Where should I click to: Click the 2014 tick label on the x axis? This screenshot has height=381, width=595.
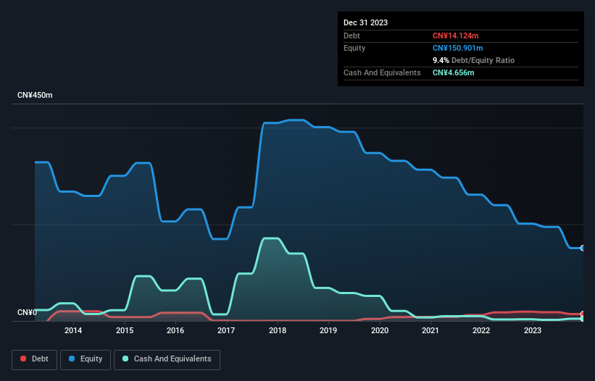pos(72,331)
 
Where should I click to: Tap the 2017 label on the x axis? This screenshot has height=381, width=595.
pos(226,331)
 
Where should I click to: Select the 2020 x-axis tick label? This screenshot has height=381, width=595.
pos(379,331)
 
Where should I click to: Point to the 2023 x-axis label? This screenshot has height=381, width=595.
pos(532,331)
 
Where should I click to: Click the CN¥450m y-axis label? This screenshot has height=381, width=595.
pos(35,96)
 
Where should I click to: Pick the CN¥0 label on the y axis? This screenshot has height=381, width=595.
pos(27,313)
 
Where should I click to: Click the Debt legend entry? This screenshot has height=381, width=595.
pos(35,359)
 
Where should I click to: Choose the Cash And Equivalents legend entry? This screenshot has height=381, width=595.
pos(167,359)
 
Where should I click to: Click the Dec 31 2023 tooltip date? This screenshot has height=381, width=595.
pos(365,22)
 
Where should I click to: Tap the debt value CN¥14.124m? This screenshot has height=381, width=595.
pos(455,35)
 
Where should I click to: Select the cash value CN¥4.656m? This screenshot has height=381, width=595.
pos(453,72)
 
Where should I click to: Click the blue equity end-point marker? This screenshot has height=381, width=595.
pos(582,248)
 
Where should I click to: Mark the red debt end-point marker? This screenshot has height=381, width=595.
pos(582,314)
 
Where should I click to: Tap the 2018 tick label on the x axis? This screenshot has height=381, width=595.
pos(277,331)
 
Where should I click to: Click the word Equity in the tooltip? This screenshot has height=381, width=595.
pos(354,48)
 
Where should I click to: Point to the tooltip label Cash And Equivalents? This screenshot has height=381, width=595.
pos(382,72)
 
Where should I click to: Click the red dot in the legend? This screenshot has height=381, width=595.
pos(23,359)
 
